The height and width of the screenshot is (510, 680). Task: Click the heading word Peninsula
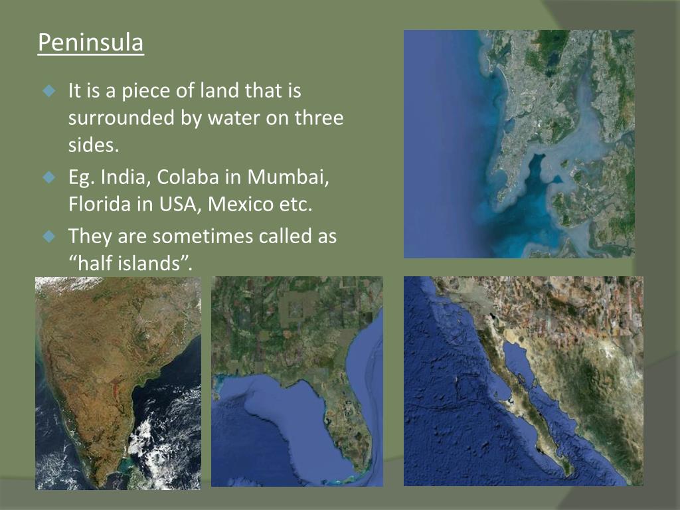90,42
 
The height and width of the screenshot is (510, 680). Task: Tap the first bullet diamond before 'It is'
48,90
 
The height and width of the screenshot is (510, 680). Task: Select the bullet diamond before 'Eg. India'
48,178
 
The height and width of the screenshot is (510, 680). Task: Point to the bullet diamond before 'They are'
48,236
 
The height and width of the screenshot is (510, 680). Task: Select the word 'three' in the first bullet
319,118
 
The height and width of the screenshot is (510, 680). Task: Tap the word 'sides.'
93,145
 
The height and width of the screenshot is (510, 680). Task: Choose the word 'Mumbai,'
294,177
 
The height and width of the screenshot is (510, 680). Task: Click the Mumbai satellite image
519,143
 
